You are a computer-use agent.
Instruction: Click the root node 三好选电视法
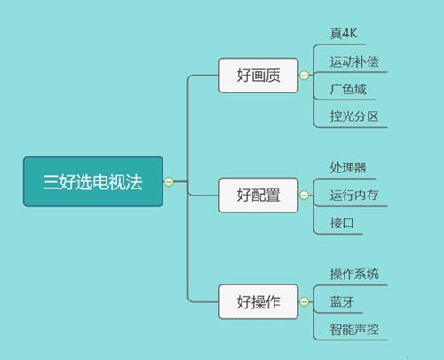(93, 181)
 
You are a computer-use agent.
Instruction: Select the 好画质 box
(258, 76)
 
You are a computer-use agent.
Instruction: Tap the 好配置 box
(258, 195)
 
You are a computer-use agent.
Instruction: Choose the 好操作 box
(258, 301)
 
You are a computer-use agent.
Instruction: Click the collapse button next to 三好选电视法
(169, 181)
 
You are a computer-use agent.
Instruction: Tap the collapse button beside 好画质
(304, 76)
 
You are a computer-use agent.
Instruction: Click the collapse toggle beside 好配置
(304, 195)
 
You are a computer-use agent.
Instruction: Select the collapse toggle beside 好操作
(304, 301)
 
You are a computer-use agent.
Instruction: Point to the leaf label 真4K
(344, 33)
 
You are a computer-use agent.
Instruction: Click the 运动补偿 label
(354, 61)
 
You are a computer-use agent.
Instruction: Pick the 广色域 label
(348, 89)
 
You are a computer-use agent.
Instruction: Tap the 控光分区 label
(354, 116)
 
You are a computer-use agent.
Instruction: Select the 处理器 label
(348, 167)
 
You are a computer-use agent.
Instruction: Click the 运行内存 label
(354, 195)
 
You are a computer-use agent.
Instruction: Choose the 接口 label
(342, 223)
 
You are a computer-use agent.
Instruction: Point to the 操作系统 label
(354, 274)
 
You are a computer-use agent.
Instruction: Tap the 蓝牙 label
(342, 301)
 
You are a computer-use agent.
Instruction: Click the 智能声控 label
(354, 329)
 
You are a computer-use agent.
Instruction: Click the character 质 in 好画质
(273, 76)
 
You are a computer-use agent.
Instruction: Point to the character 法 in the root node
(134, 181)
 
